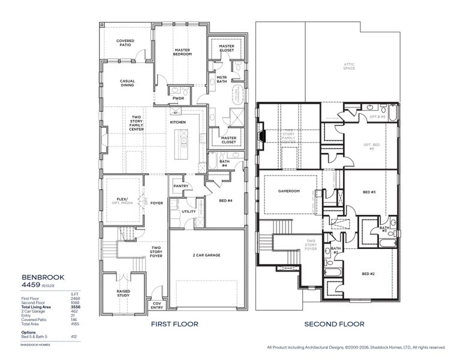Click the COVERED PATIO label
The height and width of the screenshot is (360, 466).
tap(126, 43)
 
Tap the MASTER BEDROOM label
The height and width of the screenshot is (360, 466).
tap(182, 52)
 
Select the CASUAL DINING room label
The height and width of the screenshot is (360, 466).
tap(127, 83)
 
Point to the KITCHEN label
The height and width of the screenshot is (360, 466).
tap(178, 122)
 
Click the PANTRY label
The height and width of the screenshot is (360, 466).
tap(181, 186)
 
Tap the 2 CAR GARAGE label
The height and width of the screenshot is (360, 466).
tap(208, 255)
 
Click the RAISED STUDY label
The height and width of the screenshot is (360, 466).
tap(124, 292)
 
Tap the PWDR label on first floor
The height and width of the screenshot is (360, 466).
tap(178, 98)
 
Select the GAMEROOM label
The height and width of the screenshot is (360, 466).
tap(289, 192)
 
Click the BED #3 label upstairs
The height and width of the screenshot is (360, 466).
tap(369, 192)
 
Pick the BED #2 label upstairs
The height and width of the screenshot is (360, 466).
tap(368, 274)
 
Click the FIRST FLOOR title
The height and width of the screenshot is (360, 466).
tap(174, 324)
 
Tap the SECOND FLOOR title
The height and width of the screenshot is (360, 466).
tap(334, 324)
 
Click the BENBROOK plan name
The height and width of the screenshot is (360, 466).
tap(40, 278)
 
